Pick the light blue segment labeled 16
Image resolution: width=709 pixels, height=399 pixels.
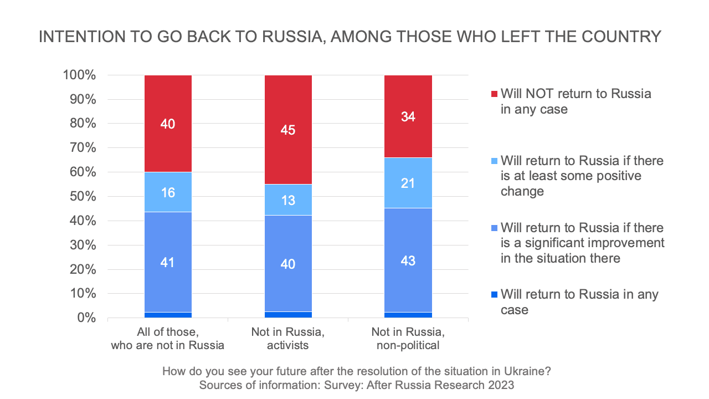(x=168, y=192)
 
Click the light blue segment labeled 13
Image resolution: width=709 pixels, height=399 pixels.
(x=288, y=199)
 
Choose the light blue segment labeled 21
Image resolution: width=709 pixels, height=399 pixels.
(x=408, y=183)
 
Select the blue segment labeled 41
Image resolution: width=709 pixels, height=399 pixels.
(x=168, y=262)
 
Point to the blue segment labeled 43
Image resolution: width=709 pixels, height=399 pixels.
(x=408, y=260)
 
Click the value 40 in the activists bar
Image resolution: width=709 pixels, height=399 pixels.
(x=288, y=264)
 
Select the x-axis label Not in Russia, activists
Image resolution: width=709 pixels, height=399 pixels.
(x=288, y=339)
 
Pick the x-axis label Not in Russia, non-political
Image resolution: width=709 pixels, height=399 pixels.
(x=408, y=339)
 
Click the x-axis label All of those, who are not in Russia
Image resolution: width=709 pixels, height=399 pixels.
(x=168, y=339)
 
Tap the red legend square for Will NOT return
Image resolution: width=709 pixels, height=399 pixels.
(x=494, y=94)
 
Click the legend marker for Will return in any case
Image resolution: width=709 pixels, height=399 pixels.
(x=494, y=294)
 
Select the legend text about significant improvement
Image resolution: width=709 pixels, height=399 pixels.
(x=582, y=243)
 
